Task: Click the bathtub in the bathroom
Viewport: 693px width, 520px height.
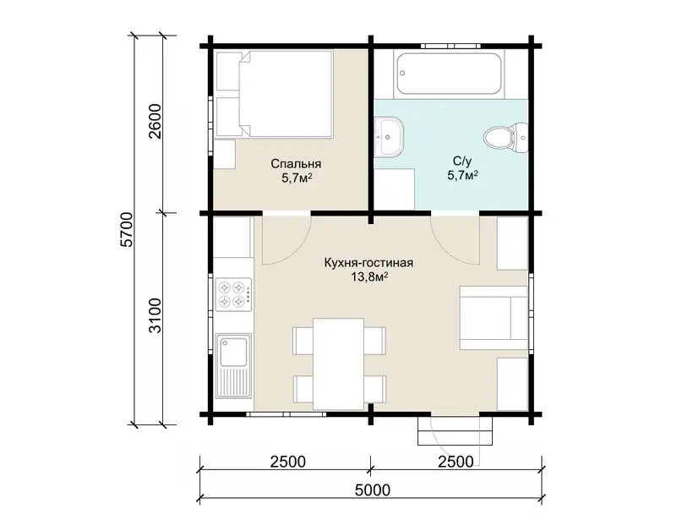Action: tap(449, 74)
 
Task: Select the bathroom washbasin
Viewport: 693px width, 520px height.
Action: tap(389, 137)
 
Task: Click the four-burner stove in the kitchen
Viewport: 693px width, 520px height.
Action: tap(233, 293)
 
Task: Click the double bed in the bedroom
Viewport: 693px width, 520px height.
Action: tap(273, 94)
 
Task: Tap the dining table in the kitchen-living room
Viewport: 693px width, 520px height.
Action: tap(339, 364)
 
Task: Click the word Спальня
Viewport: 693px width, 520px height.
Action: tap(296, 164)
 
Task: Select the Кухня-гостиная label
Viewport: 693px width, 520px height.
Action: tap(368, 263)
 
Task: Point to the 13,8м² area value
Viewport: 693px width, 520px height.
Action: tap(369, 277)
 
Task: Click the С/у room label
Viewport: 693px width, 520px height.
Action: tap(462, 161)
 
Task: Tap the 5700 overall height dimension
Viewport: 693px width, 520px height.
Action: tap(127, 230)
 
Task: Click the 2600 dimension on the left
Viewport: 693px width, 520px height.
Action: tap(156, 121)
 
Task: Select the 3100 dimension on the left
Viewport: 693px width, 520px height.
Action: tap(156, 315)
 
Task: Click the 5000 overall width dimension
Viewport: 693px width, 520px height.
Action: tap(373, 490)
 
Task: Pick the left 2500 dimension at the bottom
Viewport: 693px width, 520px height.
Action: tap(287, 462)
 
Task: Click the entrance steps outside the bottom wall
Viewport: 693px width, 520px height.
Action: tap(456, 430)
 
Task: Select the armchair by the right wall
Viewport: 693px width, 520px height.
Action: tap(494, 317)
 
